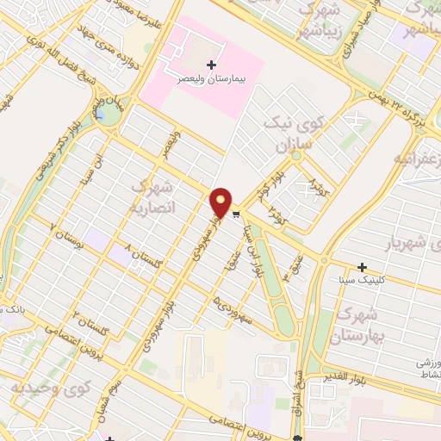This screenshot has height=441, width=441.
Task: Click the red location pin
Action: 221,202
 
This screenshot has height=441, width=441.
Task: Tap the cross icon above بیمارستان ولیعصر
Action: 212,64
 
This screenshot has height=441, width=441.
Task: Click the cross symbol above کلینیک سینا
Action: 363,268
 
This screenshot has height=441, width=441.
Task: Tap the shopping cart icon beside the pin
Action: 236,211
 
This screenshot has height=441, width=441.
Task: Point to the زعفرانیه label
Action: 418,161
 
